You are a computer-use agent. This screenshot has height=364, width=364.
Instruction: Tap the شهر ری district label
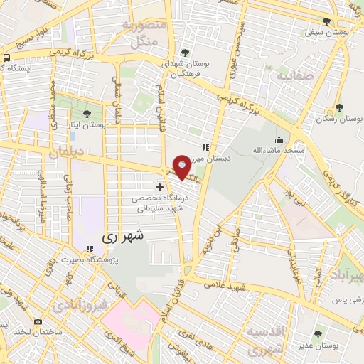tap(124, 235)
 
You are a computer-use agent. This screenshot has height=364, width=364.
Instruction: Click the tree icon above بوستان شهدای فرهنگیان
tap(186, 53)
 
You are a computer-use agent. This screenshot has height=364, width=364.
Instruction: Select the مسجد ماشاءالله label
tap(278, 151)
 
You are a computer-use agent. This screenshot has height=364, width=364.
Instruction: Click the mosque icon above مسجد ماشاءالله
tap(278, 139)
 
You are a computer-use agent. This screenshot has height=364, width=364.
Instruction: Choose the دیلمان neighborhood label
tap(68, 152)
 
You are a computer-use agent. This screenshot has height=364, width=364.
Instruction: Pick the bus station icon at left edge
tap(6, 58)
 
